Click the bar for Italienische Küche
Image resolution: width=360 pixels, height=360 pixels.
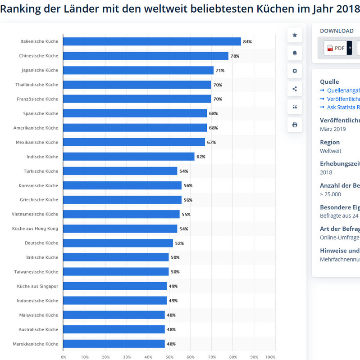(152, 41)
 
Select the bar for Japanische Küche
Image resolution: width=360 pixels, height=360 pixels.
(138, 70)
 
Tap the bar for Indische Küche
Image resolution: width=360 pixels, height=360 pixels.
(128, 157)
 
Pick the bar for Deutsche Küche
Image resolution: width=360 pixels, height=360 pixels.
(118, 243)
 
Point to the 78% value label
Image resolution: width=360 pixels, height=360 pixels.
(235, 56)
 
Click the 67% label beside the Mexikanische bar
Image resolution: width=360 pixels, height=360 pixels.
(211, 143)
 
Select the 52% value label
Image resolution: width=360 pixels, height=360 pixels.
(179, 243)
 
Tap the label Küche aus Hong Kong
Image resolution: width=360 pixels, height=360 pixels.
(35, 229)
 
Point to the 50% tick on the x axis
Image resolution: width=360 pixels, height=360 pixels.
(169, 357)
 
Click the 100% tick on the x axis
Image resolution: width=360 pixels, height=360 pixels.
(270, 357)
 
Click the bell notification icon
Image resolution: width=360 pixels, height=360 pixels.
(295, 53)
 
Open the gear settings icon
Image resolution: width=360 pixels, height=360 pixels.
(295, 71)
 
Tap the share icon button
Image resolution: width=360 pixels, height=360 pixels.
(295, 89)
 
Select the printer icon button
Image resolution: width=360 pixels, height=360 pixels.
(295, 125)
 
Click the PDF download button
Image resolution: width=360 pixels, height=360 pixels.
(335, 48)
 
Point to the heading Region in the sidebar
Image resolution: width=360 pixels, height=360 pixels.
(330, 142)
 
